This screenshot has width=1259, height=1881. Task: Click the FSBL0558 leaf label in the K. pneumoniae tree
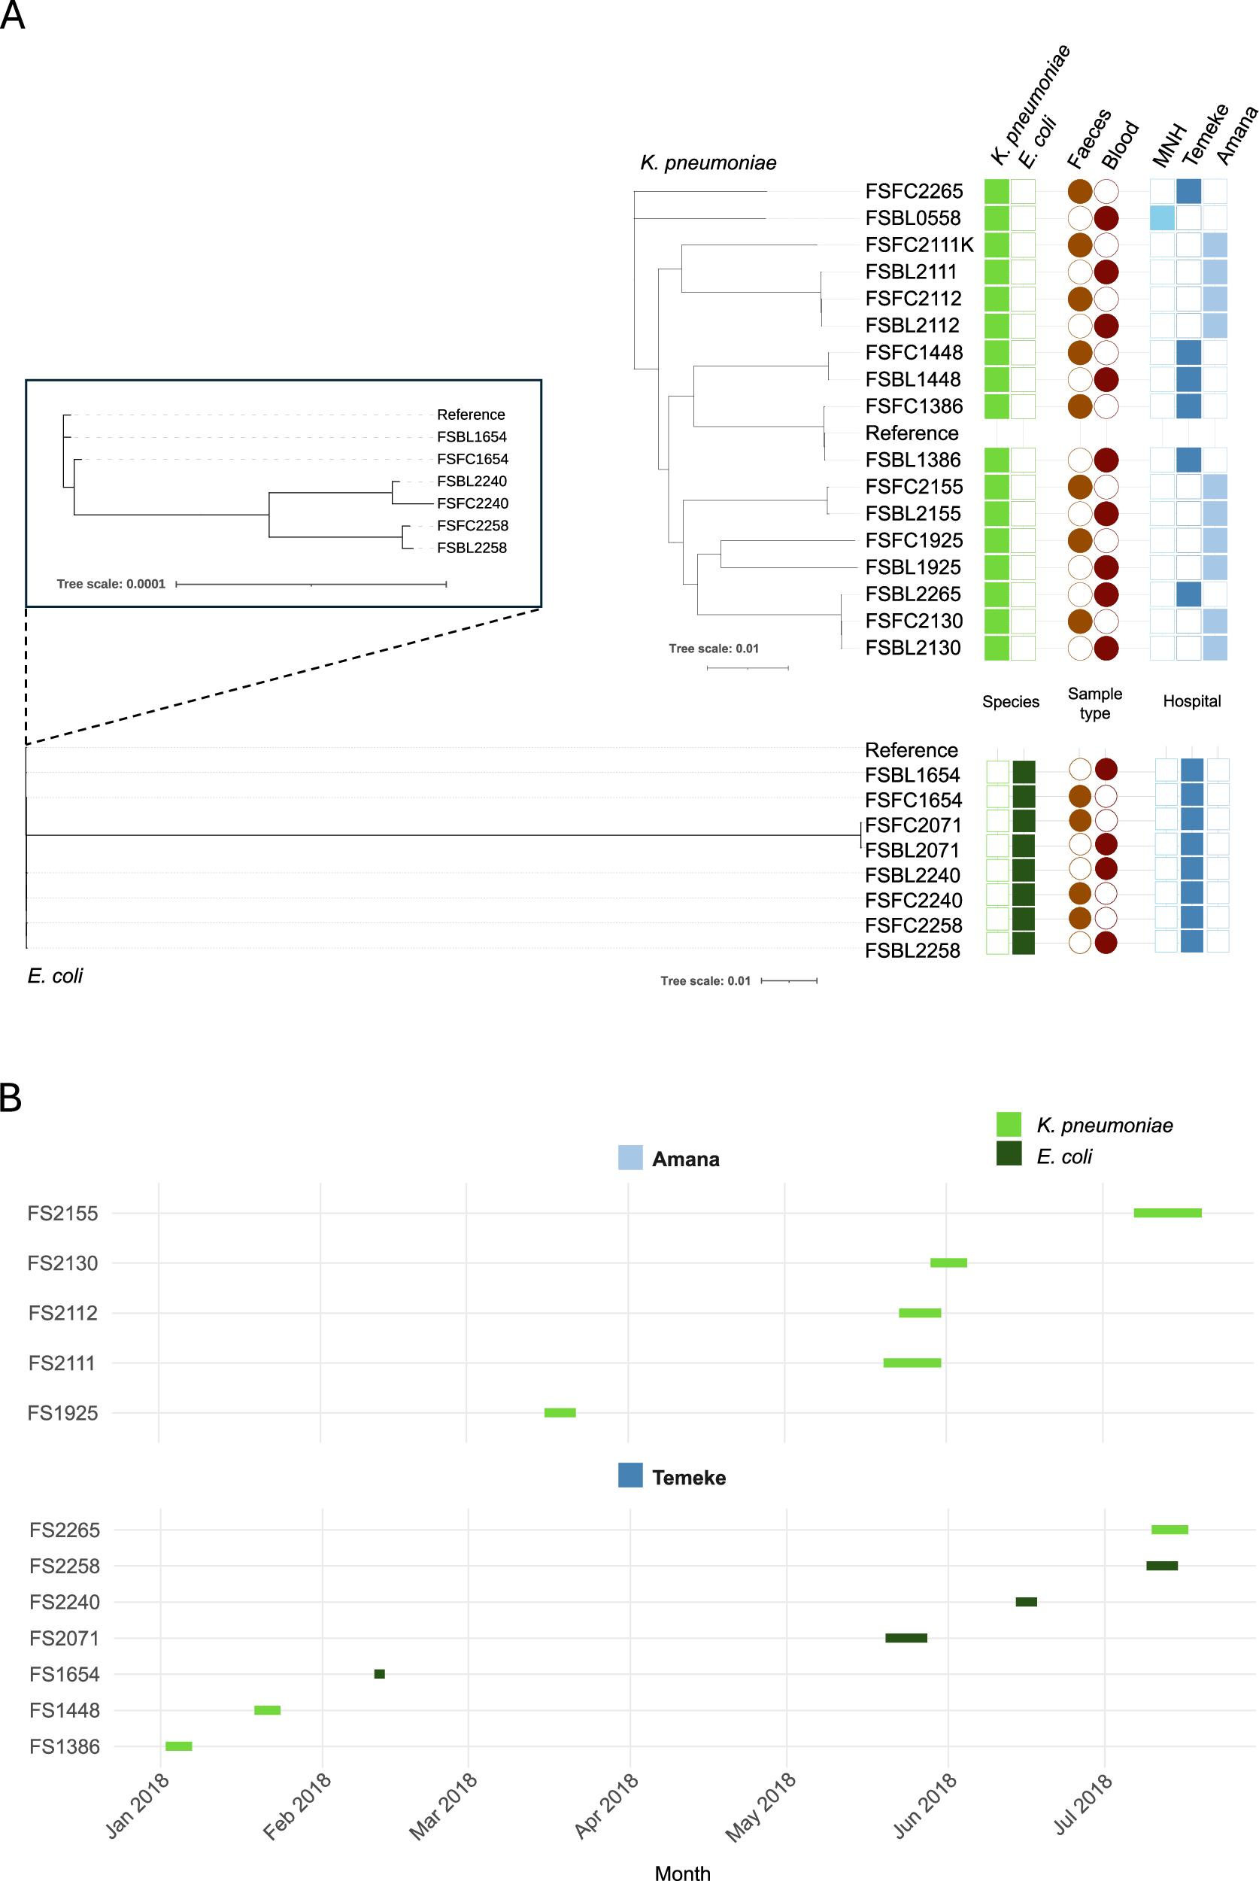click(x=912, y=218)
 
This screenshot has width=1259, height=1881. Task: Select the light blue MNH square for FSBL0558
click(x=1161, y=218)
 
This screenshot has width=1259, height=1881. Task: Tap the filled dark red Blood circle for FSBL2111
click(x=1106, y=272)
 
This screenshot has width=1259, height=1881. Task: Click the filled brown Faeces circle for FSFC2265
click(x=1080, y=191)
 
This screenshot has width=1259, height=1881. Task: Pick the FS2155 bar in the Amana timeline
click(x=1166, y=1213)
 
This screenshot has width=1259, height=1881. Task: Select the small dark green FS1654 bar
click(x=380, y=1674)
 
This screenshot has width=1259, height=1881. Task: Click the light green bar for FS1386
click(x=178, y=1746)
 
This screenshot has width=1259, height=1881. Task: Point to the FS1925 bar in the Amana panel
click(x=560, y=1413)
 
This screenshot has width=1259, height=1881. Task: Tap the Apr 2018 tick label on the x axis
click(x=607, y=1805)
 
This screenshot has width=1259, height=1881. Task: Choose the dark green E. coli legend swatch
click(x=1009, y=1153)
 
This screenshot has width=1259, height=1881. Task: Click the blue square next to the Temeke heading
click(x=630, y=1475)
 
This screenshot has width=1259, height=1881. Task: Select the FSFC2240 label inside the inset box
click(x=472, y=503)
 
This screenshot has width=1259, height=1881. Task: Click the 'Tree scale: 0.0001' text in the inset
click(x=111, y=584)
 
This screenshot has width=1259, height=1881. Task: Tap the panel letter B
click(x=11, y=1098)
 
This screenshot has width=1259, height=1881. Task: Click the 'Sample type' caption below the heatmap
click(x=1094, y=703)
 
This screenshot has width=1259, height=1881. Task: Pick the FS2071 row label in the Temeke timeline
click(x=64, y=1639)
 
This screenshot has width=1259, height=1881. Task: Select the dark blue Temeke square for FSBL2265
click(x=1188, y=594)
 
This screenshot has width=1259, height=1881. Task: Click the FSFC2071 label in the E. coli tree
click(x=913, y=825)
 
